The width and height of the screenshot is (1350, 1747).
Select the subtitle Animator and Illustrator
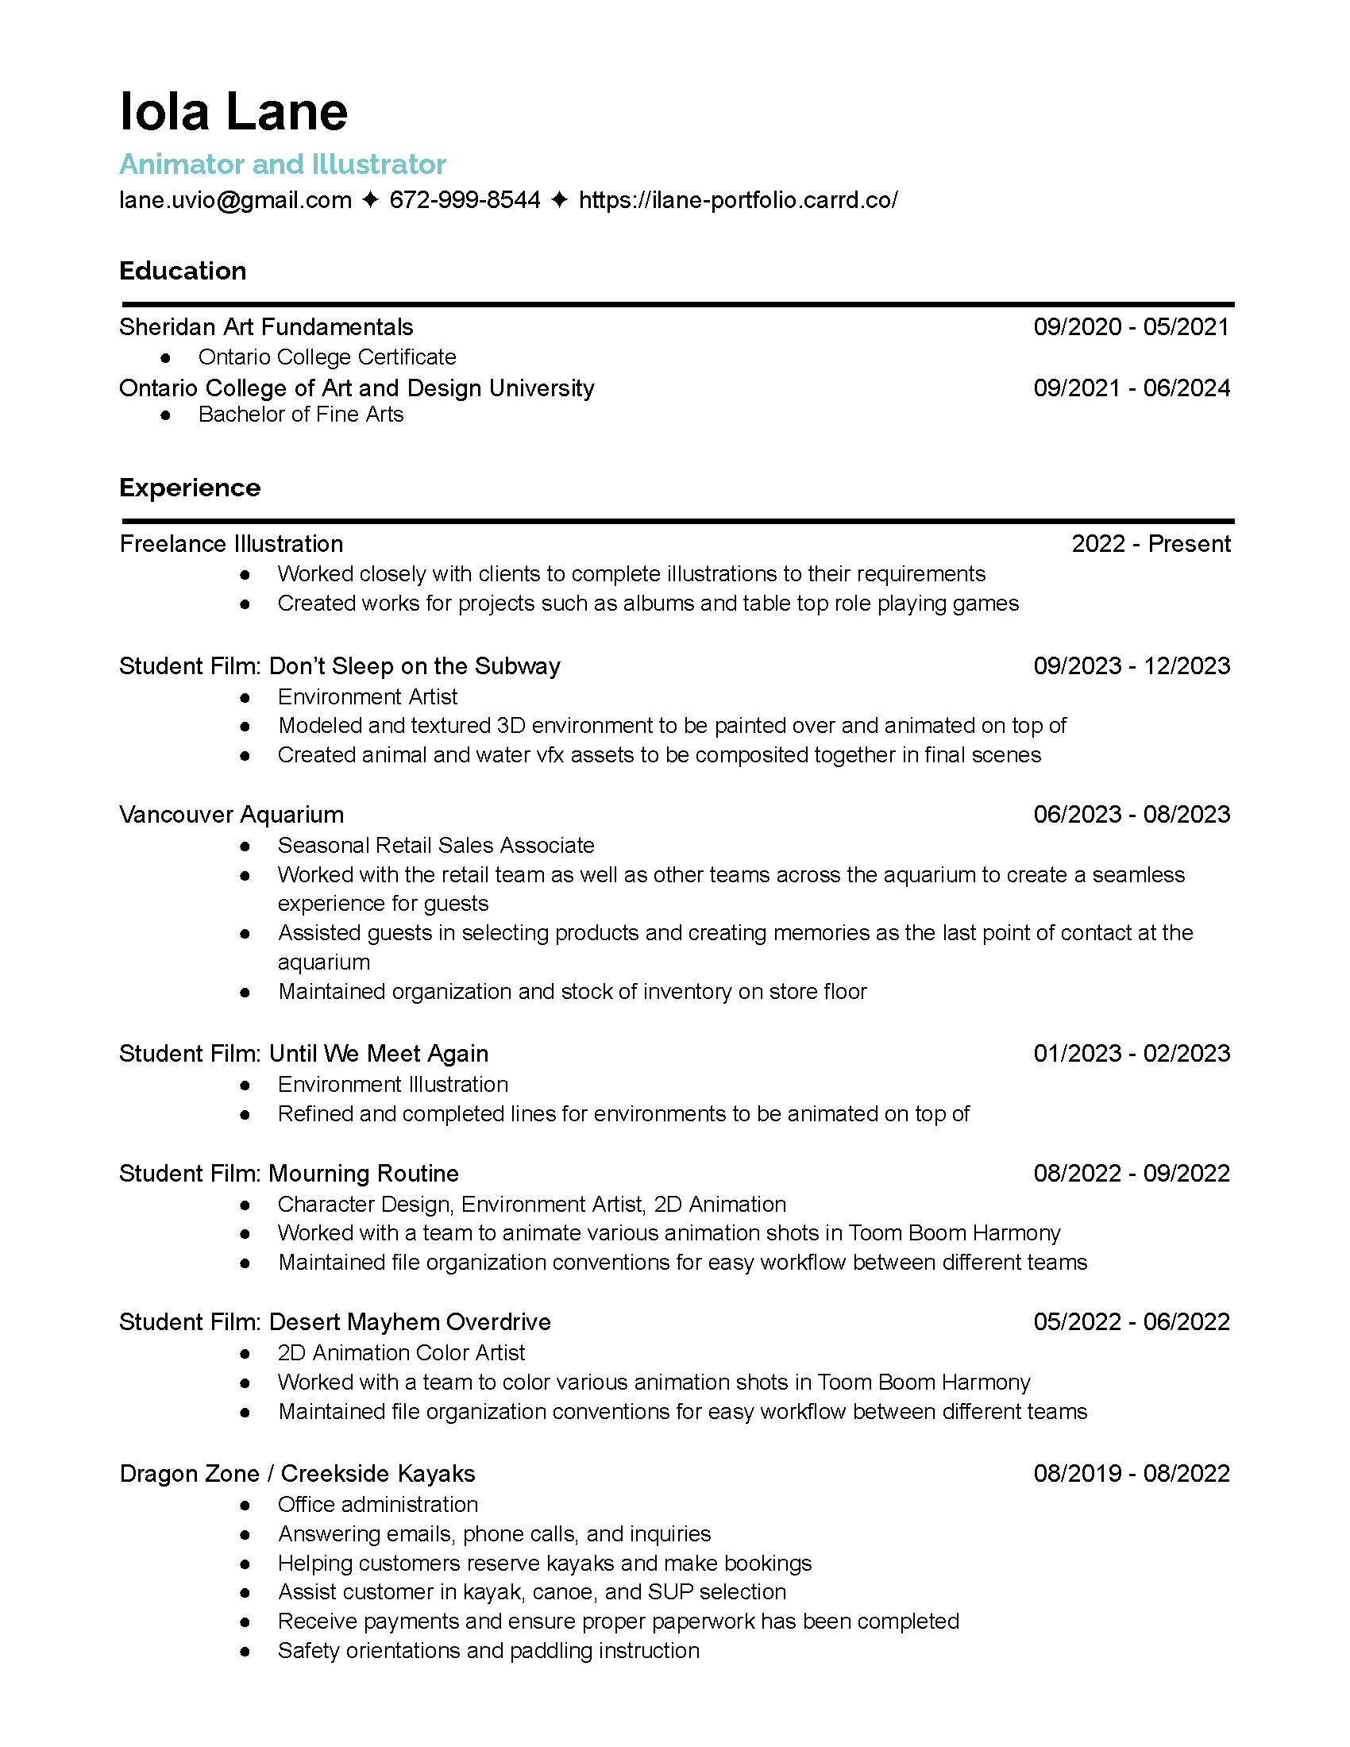(x=283, y=164)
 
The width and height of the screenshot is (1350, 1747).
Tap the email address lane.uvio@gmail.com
(x=235, y=199)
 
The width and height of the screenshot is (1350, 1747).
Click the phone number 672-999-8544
(x=465, y=199)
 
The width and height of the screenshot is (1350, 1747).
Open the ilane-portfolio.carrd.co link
(x=738, y=199)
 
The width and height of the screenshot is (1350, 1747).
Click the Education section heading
(x=183, y=270)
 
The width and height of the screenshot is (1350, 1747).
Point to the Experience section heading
(x=190, y=487)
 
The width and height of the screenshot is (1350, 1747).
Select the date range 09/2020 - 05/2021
(x=1131, y=326)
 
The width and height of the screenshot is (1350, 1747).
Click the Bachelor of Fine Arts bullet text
(x=301, y=415)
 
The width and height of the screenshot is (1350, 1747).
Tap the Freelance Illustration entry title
(x=231, y=544)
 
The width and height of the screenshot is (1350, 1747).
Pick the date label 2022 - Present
(x=1150, y=544)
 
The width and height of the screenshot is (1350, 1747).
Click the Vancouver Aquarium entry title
(x=231, y=814)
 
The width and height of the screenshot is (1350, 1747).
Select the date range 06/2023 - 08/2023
(x=1131, y=814)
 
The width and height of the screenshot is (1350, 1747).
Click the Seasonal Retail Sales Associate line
(x=436, y=845)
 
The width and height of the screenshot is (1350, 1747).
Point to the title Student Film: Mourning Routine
(x=289, y=1174)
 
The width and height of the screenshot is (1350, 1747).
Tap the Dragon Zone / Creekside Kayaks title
(x=297, y=1473)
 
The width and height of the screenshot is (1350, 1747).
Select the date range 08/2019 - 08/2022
(x=1131, y=1473)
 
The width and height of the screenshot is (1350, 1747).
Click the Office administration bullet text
(x=377, y=1504)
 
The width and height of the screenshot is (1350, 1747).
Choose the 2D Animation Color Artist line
(x=401, y=1352)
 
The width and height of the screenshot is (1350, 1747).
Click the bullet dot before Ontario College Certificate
(x=165, y=357)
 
